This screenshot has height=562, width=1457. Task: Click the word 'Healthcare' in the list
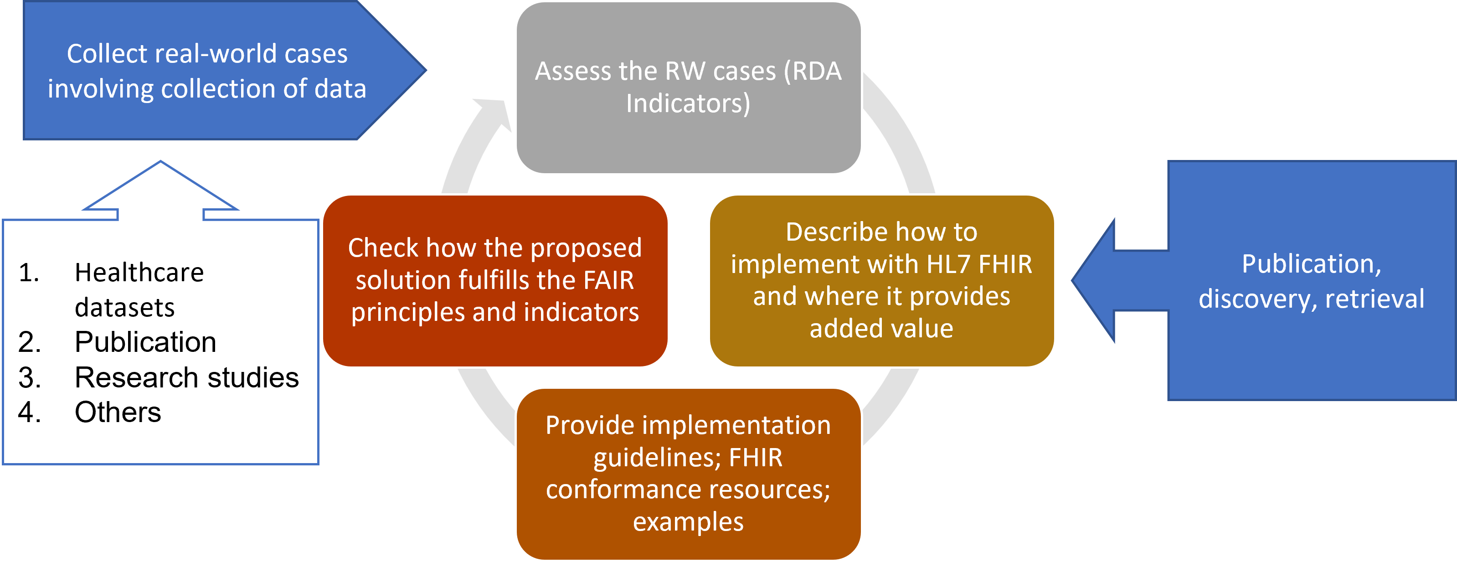point(139,273)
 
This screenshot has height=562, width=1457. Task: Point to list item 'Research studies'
point(187,377)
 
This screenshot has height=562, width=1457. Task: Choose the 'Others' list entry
point(118,412)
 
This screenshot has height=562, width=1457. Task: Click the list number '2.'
point(30,342)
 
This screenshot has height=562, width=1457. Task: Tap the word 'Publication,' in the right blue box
point(1311,264)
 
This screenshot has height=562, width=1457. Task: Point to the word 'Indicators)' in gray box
point(688,103)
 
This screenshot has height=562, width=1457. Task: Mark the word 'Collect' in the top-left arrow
point(107,54)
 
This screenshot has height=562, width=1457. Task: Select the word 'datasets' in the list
point(124,308)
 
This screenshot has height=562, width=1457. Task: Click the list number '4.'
point(30,412)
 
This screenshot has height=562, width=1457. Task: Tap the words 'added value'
point(881,329)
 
